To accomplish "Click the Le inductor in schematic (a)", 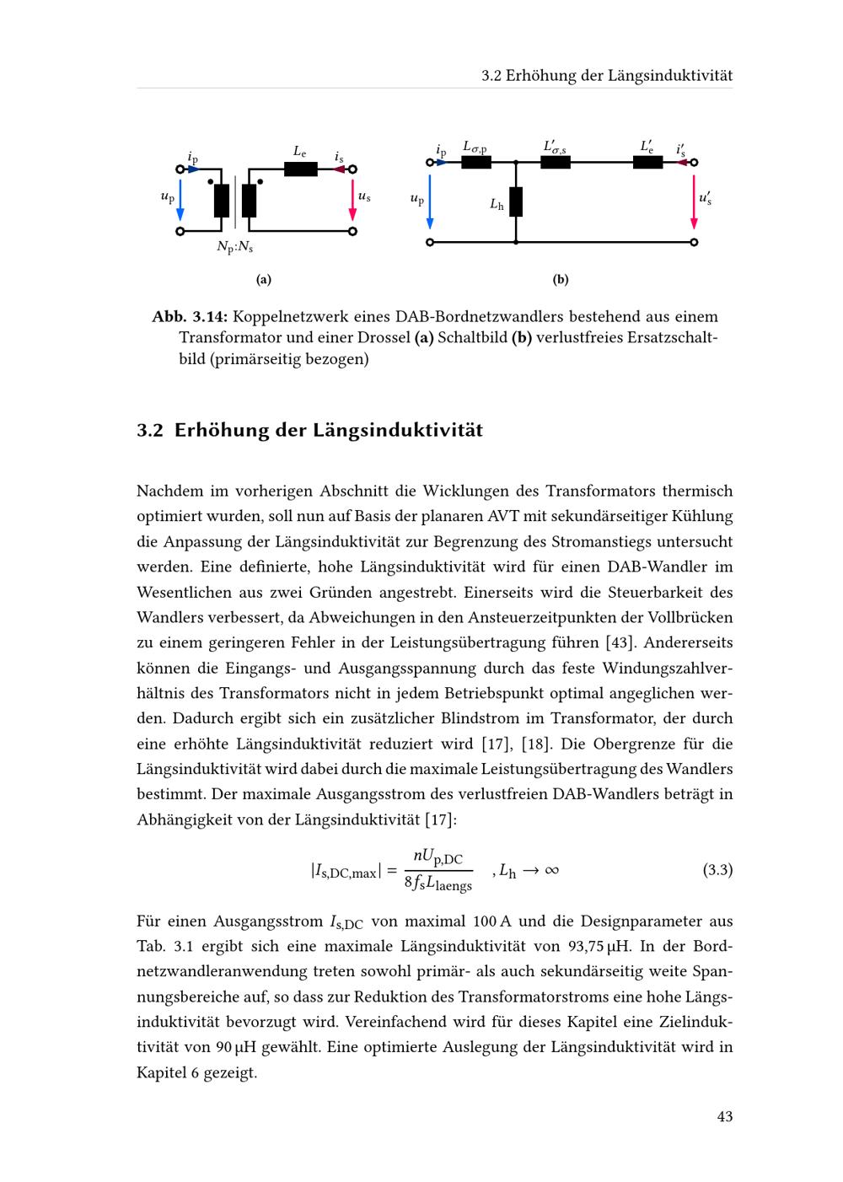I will (x=300, y=169).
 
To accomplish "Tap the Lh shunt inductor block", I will (x=516, y=202).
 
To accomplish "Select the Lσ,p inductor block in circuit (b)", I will (x=476, y=162).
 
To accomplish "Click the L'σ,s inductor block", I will (x=555, y=162).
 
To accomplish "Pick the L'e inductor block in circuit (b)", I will (x=647, y=162).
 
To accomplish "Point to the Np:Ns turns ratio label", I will (x=234, y=247).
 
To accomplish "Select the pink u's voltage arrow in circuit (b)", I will (x=694, y=202).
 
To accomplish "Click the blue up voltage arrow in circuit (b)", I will (x=430, y=202).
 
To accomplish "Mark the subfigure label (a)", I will (x=264, y=279).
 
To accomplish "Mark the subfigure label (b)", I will (x=561, y=279).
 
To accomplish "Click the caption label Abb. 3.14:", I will (x=190, y=317).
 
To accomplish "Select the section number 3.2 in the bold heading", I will (x=149, y=431).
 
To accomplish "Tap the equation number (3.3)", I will (x=717, y=869).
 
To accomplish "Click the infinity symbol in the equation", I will (x=551, y=870).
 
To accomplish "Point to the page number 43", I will (x=724, y=1116).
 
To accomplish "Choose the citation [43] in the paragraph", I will (x=620, y=642).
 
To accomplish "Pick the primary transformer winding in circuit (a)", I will (x=221, y=201).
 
